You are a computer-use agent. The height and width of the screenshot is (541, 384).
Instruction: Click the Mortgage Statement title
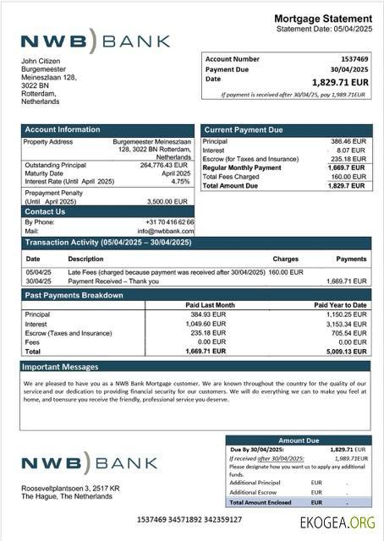point(323,19)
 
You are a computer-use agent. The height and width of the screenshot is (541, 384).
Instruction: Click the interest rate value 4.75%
point(180,182)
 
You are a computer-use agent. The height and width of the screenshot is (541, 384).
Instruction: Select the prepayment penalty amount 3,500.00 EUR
point(167,202)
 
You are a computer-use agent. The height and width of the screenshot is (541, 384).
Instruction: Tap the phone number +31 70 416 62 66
point(169,221)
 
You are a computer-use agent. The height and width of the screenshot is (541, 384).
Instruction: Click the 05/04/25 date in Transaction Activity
point(38,272)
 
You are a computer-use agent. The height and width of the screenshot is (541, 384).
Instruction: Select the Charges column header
point(286,259)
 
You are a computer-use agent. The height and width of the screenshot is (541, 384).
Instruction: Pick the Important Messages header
point(61,367)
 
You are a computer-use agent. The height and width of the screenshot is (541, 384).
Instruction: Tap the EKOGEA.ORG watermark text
point(341,523)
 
